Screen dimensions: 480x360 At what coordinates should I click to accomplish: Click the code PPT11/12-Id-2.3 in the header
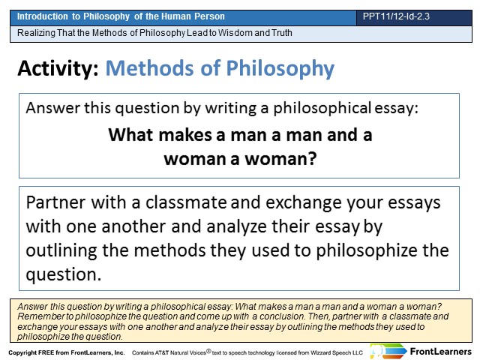coord(396,16)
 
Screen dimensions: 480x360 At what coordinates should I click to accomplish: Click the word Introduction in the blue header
coord(43,16)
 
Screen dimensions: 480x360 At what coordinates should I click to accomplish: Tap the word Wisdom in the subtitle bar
coord(235,32)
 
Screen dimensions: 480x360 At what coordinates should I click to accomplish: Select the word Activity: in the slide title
coord(58,68)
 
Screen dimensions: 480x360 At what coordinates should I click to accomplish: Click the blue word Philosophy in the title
coord(280,69)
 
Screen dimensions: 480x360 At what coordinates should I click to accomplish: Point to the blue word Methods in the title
coord(150,67)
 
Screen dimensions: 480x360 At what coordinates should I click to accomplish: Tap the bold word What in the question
coord(130,135)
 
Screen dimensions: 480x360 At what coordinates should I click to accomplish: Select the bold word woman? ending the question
coord(280,159)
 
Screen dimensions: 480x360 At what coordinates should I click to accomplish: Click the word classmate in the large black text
coord(186,202)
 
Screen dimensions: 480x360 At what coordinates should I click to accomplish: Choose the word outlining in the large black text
coord(61,250)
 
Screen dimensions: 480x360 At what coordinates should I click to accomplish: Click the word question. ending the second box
coord(63,274)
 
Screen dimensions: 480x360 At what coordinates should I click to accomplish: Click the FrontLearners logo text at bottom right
coord(441,352)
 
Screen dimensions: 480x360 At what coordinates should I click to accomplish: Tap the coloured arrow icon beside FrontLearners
coord(388,351)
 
